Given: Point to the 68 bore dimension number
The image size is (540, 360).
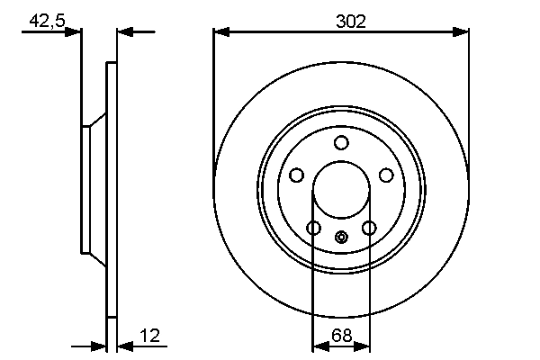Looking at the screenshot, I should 341,336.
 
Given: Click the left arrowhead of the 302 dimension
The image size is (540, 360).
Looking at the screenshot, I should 220,32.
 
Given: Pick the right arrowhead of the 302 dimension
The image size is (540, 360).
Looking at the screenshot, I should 463,32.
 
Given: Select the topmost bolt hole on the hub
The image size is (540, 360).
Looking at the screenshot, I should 341,142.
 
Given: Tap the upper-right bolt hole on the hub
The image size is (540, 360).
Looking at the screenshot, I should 386,175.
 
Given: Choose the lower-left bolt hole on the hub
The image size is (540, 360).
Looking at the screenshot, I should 313,228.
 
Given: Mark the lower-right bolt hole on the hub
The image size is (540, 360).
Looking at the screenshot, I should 369,228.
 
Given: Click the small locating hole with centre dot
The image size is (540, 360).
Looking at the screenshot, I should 341,238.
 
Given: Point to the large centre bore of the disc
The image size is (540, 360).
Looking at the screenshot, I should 341,190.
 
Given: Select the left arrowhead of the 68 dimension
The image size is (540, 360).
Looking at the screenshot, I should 317,346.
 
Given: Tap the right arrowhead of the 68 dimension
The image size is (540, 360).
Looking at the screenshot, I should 364,346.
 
